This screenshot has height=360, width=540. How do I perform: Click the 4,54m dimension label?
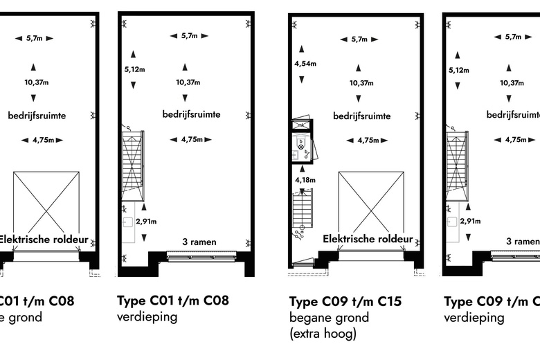(x=306, y=64)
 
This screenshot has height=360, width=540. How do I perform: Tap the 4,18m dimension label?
(x=305, y=181)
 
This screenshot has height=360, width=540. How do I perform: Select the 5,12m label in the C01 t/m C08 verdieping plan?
(x=134, y=69)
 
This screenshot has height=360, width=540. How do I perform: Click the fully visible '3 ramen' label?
(x=199, y=242)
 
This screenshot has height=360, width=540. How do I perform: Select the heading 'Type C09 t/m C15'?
(x=345, y=301)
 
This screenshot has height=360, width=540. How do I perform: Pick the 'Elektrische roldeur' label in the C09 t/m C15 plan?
(x=368, y=240)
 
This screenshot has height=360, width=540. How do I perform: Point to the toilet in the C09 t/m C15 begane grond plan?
(x=301, y=147)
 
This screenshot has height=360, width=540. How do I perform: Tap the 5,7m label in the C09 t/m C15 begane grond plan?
(x=359, y=39)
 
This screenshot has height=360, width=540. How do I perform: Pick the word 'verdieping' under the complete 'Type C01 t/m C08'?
(x=147, y=318)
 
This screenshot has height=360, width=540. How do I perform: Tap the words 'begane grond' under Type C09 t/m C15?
(x=330, y=318)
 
